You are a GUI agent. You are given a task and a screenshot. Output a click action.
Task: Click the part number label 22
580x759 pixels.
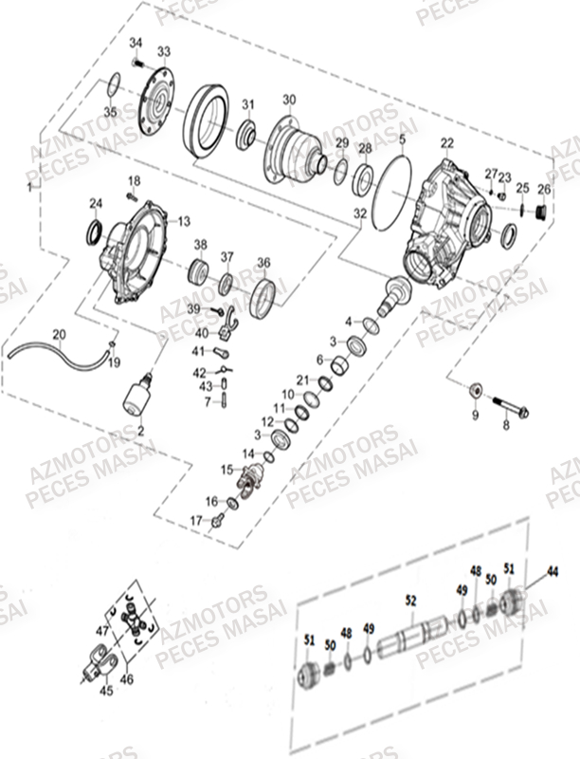point(447,142)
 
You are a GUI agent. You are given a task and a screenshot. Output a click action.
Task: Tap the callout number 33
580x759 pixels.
point(164,50)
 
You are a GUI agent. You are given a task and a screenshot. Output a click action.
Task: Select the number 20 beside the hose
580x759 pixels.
point(59,334)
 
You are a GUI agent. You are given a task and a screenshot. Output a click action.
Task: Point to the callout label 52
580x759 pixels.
point(410,601)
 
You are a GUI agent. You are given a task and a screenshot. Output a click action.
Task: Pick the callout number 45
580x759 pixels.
point(106,691)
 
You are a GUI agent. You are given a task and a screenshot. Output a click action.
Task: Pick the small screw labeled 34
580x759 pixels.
point(137,63)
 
